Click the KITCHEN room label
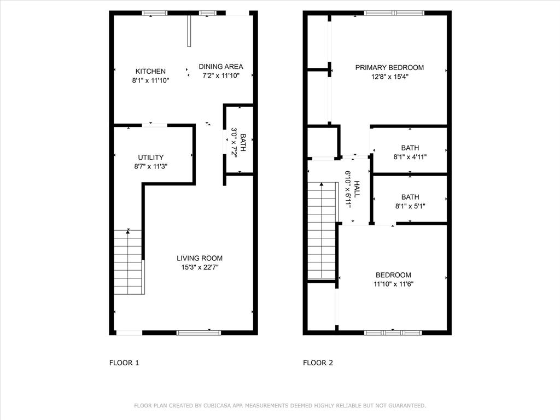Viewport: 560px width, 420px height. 150,71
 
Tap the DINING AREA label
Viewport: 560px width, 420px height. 220,66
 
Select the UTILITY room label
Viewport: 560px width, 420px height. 150,157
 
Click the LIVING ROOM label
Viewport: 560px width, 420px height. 200,258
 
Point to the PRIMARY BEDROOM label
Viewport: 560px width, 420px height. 389,67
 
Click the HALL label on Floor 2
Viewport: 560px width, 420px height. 357,189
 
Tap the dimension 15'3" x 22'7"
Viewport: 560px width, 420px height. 200,267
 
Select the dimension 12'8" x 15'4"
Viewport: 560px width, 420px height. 389,77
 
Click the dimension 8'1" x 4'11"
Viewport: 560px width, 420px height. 410,157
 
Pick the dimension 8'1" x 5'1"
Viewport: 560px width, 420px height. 410,206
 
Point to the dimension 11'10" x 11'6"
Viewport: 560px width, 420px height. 393,284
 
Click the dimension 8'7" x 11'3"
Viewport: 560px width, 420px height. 150,166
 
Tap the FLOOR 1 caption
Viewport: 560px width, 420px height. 124,363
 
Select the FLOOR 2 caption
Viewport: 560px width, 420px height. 318,363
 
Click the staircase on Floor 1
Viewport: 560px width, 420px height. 129,262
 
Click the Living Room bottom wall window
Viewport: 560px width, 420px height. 199,332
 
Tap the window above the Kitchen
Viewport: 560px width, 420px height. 155,13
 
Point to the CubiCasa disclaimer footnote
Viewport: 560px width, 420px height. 280,406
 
